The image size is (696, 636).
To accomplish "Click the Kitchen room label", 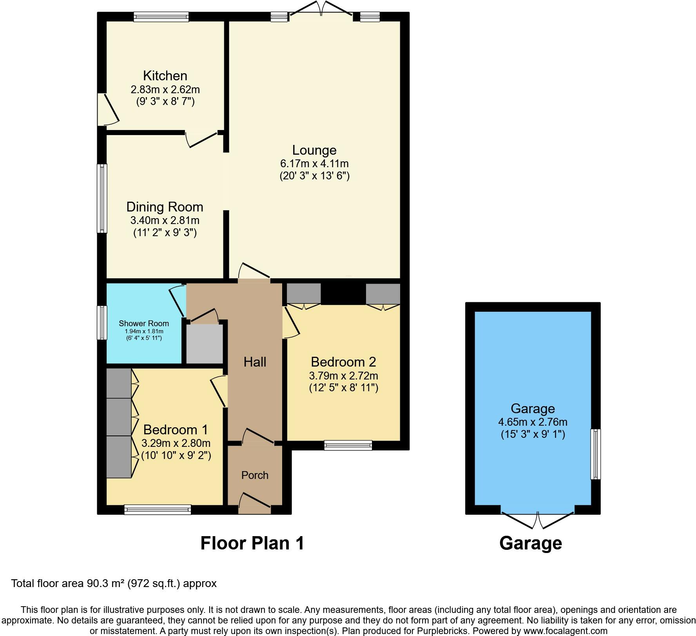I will [x=165, y=76].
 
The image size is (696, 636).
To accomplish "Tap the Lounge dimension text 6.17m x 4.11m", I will [x=314, y=163].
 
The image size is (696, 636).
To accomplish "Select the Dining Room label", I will [x=165, y=207].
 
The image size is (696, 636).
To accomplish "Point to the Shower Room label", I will [x=144, y=323].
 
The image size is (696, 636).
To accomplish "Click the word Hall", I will [x=255, y=362].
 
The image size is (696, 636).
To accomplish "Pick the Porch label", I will [x=255, y=475].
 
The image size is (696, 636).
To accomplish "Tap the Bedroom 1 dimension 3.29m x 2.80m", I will [x=176, y=443].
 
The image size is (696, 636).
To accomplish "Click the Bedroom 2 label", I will [x=343, y=361].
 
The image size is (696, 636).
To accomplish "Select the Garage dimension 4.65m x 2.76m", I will [x=533, y=422].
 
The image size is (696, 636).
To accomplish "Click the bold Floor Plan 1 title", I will [x=252, y=543].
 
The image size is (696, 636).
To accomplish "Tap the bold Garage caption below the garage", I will [x=531, y=543].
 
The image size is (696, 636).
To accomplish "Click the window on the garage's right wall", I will [x=595, y=454].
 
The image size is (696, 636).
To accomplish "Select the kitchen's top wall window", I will [x=161, y=16].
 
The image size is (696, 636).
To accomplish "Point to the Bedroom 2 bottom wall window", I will [x=348, y=445].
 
